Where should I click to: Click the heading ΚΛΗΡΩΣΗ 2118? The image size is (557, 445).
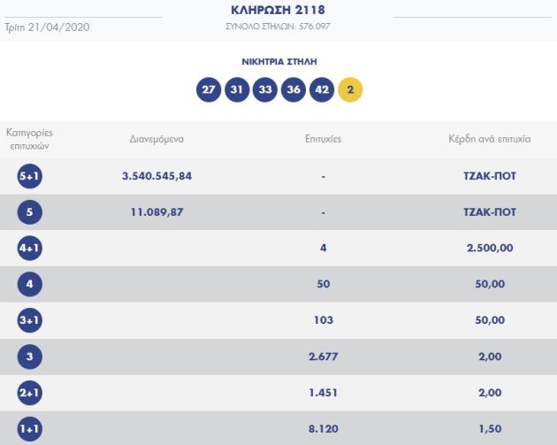pos(278,10)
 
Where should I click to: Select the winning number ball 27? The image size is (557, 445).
pos(209,90)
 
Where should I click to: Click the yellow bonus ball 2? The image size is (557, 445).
pos(350,90)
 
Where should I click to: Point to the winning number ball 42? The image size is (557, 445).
pos(322,90)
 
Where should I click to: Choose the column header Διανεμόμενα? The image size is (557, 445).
pos(156,139)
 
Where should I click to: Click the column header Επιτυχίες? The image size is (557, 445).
pos(323,139)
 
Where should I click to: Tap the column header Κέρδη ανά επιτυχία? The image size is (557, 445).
pos(489,139)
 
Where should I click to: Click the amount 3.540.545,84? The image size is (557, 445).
pos(156,176)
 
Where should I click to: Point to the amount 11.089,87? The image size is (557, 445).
pos(156,212)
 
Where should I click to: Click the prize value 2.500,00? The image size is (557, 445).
pos(489,249)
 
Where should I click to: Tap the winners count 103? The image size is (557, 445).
pos(323,320)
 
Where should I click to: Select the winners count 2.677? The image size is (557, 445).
pos(323,357)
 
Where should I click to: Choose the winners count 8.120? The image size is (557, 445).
pos(323,429)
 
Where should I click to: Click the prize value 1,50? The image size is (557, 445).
pos(489,429)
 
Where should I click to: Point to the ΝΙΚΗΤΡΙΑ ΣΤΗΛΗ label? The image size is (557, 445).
pos(278,62)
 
